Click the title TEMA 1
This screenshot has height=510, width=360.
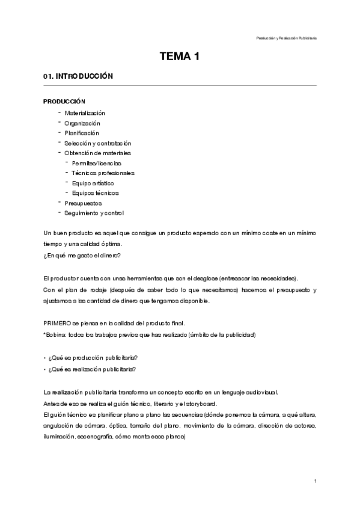point(179,57)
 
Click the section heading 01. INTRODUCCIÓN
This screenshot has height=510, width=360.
point(75,78)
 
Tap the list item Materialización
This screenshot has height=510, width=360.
point(85,112)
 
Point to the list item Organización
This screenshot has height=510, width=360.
point(82,123)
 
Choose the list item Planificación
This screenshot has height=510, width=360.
point(82,133)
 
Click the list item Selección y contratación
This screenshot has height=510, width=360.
point(98,143)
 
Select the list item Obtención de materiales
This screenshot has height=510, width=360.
point(98,153)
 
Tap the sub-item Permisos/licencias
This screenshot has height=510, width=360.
point(96,163)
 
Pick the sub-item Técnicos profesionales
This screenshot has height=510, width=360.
point(103,173)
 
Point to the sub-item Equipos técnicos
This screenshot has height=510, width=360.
point(95,193)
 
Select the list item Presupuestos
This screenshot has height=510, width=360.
point(84,203)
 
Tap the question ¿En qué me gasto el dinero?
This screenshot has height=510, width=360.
point(82,256)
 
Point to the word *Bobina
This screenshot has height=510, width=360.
point(56,334)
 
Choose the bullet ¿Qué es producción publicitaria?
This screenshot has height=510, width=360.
point(93,358)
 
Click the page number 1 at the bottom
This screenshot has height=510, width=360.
point(315,481)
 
